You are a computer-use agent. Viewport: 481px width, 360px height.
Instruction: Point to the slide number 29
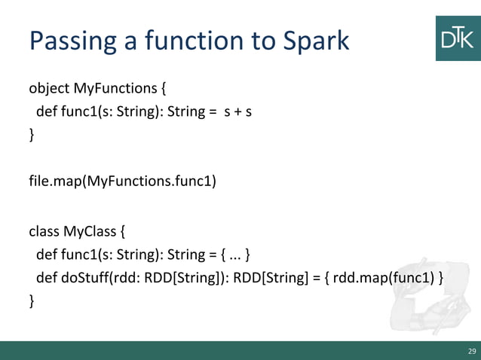click(x=472, y=351)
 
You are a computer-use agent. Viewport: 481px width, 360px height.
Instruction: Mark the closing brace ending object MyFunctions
click(x=32, y=136)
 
